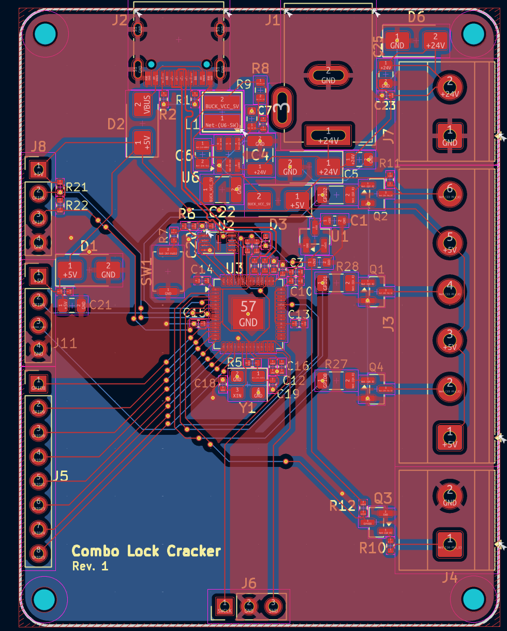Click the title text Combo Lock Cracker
[146, 551]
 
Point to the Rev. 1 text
[90, 566]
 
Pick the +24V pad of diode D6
[435, 40]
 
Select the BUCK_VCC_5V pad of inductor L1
[222, 102]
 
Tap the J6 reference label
[249, 583]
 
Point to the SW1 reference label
[146, 272]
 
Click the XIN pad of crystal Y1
[237, 392]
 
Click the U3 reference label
[234, 268]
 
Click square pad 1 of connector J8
[38, 168]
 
